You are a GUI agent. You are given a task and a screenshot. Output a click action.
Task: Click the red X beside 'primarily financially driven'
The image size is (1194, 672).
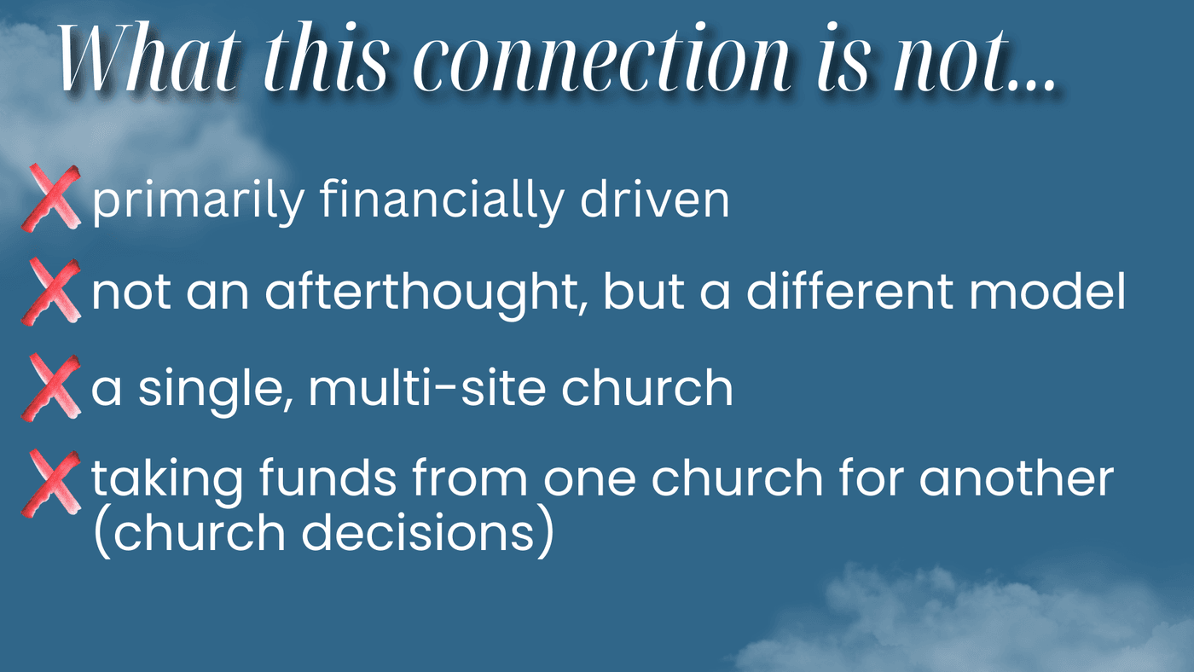point(51,198)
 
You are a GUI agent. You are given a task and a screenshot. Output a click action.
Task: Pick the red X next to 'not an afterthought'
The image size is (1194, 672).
point(51,292)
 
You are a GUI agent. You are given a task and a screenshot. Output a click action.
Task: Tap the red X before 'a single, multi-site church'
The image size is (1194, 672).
point(51,387)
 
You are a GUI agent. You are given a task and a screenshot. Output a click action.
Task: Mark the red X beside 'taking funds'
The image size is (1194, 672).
point(51,484)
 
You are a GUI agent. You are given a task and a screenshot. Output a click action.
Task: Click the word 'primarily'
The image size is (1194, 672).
point(198,201)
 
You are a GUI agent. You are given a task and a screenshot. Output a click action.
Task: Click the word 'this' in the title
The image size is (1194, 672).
point(326,59)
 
